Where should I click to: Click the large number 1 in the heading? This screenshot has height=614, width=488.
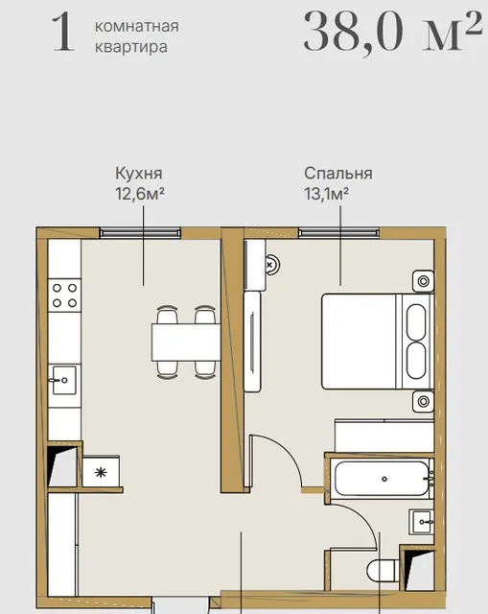(63, 32)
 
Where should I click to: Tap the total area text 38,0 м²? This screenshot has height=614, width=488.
(392, 31)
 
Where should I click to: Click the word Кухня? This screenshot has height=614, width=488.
(138, 174)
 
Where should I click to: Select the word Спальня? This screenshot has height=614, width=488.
(338, 174)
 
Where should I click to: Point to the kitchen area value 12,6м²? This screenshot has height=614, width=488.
(139, 194)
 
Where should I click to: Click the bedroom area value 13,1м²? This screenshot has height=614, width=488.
(326, 194)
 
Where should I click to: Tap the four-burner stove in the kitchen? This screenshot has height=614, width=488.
(64, 295)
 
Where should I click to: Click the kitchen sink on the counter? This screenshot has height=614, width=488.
(64, 380)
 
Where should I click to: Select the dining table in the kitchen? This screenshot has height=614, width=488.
(186, 342)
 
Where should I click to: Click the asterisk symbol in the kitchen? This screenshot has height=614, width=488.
(101, 472)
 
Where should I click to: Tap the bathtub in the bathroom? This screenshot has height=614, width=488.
(383, 479)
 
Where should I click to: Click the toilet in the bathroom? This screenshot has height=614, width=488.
(383, 571)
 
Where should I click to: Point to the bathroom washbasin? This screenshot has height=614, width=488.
(422, 522)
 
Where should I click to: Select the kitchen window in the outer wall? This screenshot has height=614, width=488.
(140, 233)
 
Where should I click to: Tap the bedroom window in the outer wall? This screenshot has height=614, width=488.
(338, 233)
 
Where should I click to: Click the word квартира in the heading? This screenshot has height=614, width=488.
(131, 47)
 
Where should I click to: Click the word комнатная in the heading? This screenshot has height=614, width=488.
(137, 27)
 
